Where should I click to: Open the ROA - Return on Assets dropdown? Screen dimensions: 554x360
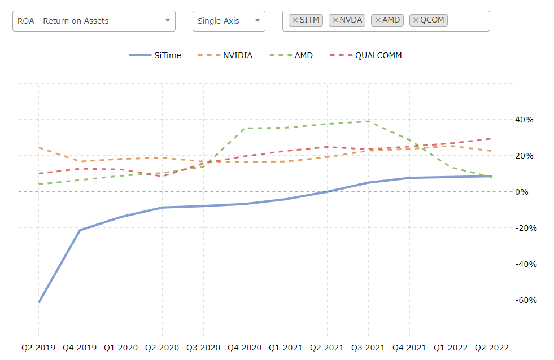[x=94, y=21]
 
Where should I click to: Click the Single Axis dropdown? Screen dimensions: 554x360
[x=229, y=21]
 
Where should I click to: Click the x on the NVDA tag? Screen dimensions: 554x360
[x=335, y=20]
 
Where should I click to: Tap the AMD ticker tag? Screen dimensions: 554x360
[x=387, y=20]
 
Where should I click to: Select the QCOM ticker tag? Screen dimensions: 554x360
[x=429, y=20]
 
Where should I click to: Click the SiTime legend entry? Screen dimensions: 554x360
[x=155, y=55]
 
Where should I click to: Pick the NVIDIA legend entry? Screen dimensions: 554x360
[x=225, y=55]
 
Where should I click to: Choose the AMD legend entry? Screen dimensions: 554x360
[x=291, y=55]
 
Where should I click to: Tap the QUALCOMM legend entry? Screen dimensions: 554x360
[x=366, y=55]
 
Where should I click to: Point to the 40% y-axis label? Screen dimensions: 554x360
[x=524, y=120]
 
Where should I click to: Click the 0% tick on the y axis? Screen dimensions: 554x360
[x=521, y=192]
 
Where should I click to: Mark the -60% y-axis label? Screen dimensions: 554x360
[x=526, y=300]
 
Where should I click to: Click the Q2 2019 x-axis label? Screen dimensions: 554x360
[x=38, y=348]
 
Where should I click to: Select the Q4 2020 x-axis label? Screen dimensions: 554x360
[x=245, y=348]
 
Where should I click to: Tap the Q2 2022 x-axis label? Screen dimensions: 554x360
[x=492, y=348]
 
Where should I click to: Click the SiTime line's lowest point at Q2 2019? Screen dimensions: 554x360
[x=39, y=302]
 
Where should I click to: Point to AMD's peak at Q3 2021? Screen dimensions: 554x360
[x=369, y=121]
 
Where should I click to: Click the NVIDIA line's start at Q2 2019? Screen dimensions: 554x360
[x=39, y=147]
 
